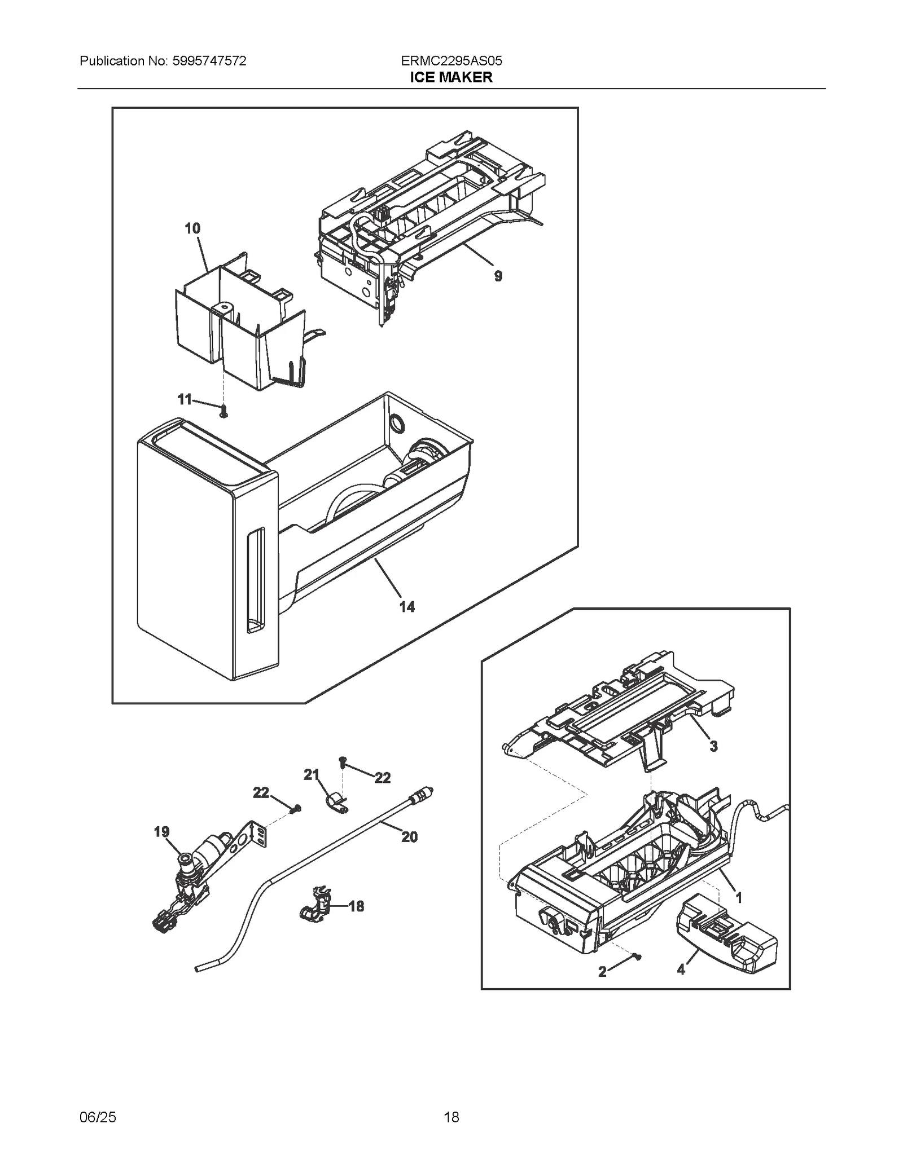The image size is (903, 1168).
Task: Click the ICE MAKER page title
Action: coord(451,77)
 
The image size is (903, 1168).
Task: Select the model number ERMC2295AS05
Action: coord(451,61)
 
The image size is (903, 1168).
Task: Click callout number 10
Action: coord(192,228)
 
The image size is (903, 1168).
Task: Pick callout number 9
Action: coord(498,276)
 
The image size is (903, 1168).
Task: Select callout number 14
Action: coord(407,607)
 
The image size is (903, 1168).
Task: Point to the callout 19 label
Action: coord(161,832)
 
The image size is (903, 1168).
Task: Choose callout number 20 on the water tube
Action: coord(410,837)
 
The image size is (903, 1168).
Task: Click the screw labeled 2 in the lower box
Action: coord(637,955)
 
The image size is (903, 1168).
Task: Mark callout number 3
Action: coord(713,746)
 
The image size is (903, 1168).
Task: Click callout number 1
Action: coord(739,897)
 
